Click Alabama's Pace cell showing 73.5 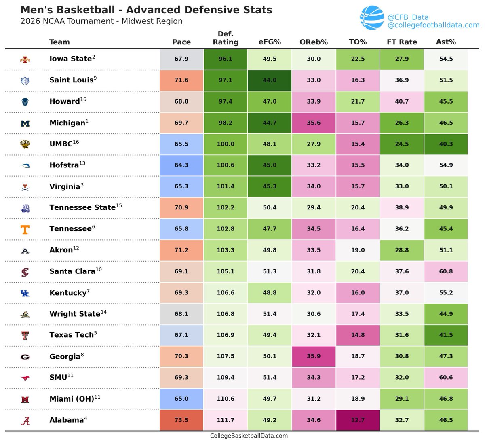[181, 420]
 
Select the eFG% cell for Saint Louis [270, 80]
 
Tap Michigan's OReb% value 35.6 [314, 123]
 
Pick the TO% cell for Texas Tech [358, 335]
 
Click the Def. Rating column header [226, 38]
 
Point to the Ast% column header [446, 42]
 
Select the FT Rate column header [402, 42]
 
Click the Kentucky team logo [25, 293]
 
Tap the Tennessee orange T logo [25, 229]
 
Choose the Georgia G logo [25, 357]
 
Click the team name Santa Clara [72, 271]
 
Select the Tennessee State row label [82, 207]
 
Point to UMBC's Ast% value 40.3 [446, 144]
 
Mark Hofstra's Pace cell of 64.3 [181, 165]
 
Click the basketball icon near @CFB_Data [372, 18]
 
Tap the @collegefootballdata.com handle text [433, 25]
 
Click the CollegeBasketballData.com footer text [249, 436]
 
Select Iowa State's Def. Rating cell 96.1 [226, 59]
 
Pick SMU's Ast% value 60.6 [446, 377]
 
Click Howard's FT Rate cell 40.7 [402, 101]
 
